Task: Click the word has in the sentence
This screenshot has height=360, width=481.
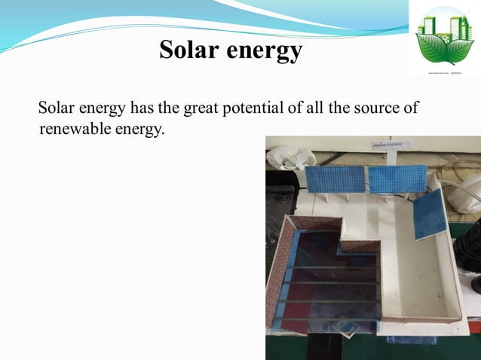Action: point(142,108)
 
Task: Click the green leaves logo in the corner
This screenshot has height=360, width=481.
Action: point(445,38)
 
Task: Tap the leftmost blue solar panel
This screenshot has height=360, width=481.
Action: point(334,180)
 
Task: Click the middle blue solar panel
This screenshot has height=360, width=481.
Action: point(389,178)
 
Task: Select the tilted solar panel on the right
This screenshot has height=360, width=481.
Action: point(428,213)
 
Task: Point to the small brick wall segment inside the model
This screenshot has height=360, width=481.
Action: point(360,246)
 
